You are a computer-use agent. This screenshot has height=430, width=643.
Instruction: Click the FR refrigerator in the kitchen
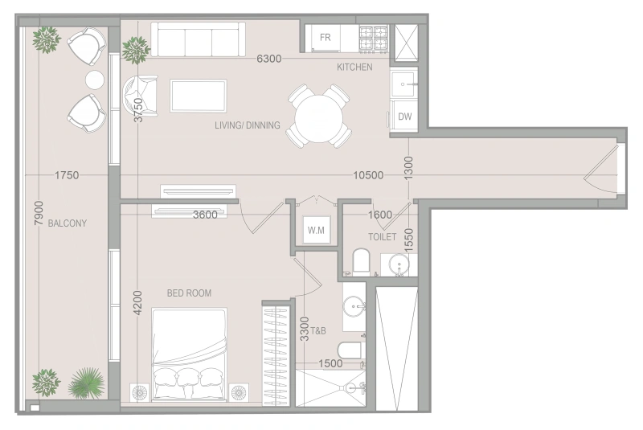click(x=326, y=38)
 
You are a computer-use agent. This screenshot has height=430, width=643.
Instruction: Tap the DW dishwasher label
click(x=404, y=117)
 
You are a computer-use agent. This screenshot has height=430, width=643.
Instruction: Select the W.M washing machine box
click(x=315, y=231)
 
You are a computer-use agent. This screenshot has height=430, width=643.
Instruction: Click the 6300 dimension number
click(x=268, y=59)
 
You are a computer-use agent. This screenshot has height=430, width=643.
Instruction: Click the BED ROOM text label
click(x=189, y=293)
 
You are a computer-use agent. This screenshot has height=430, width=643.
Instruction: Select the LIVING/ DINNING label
click(x=248, y=125)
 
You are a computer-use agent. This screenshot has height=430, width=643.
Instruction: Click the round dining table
click(x=318, y=117)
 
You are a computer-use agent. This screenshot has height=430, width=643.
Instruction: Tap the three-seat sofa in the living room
click(x=199, y=39)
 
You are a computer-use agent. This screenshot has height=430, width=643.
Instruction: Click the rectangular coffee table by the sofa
click(x=199, y=96)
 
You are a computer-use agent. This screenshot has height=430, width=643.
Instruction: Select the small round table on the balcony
click(x=95, y=80)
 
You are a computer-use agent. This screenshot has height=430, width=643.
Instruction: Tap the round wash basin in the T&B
click(x=354, y=306)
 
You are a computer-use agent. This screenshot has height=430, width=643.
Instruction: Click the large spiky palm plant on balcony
click(x=84, y=383)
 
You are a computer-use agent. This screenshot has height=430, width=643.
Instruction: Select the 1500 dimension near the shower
click(x=330, y=363)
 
